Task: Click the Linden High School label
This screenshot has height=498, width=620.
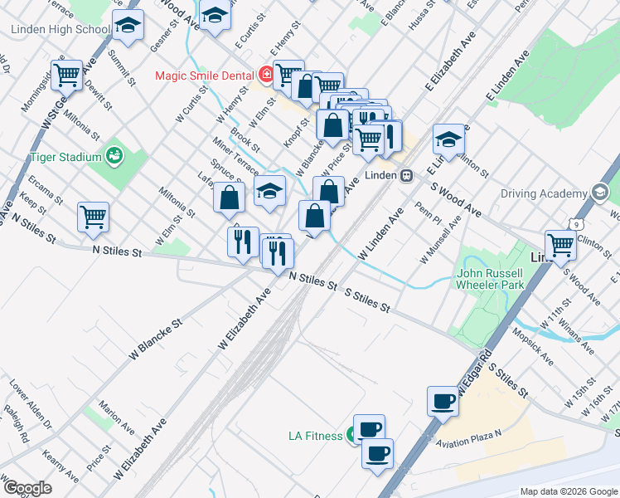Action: point(61,30)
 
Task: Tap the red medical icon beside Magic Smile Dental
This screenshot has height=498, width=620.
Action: point(267,76)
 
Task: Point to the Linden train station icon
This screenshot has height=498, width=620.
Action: point(407,176)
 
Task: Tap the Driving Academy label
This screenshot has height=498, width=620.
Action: point(542,194)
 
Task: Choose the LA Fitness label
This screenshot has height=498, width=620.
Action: point(315,436)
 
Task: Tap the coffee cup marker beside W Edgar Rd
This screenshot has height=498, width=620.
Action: point(443,402)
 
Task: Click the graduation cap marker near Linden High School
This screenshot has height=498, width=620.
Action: point(128,27)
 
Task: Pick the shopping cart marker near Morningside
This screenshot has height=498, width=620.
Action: point(66,75)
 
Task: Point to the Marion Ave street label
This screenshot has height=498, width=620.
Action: point(116,416)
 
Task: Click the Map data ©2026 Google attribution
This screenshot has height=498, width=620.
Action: point(569,491)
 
